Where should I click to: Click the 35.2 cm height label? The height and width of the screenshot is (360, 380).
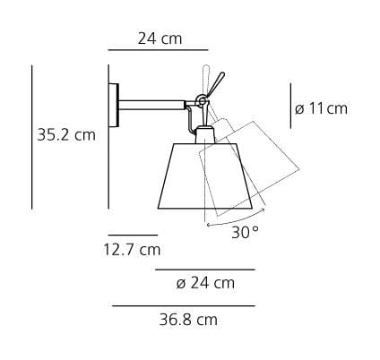click(x=66, y=135)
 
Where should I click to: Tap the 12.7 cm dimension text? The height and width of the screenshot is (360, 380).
click(x=132, y=249)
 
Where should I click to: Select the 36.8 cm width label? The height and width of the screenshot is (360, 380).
click(x=188, y=320)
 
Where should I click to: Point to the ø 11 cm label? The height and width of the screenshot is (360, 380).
click(x=321, y=108)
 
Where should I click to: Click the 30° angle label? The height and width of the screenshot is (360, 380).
click(x=245, y=232)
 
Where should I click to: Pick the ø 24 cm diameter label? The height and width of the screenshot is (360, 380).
click(x=205, y=283)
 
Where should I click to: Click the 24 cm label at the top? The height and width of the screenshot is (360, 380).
click(x=160, y=39)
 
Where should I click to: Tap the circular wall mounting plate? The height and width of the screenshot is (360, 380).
click(x=114, y=106)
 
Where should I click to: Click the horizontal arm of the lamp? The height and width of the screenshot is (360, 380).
click(x=151, y=106)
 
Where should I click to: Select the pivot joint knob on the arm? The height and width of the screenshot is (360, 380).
click(x=202, y=99)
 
